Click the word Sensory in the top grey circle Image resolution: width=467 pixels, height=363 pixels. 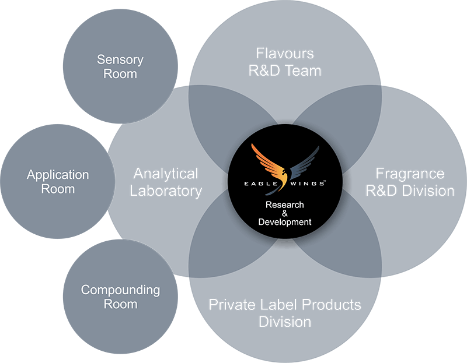click(x=120, y=59)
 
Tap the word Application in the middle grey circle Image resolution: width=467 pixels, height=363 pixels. click(x=58, y=175)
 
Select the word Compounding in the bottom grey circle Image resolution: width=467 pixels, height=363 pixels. click(x=120, y=290)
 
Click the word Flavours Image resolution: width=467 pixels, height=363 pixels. click(x=285, y=54)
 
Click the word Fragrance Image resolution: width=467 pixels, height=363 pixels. click(x=410, y=174)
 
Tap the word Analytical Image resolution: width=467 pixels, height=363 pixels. click(x=166, y=174)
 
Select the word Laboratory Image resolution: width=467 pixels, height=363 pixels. click(x=166, y=191)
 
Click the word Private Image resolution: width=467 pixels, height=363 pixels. click(x=229, y=305)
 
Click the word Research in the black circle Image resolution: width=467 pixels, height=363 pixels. click(x=285, y=205)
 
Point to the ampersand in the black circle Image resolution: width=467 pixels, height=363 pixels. click(x=285, y=213)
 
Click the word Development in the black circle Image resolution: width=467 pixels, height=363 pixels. click(x=285, y=222)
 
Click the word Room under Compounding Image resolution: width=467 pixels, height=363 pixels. click(x=120, y=304)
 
